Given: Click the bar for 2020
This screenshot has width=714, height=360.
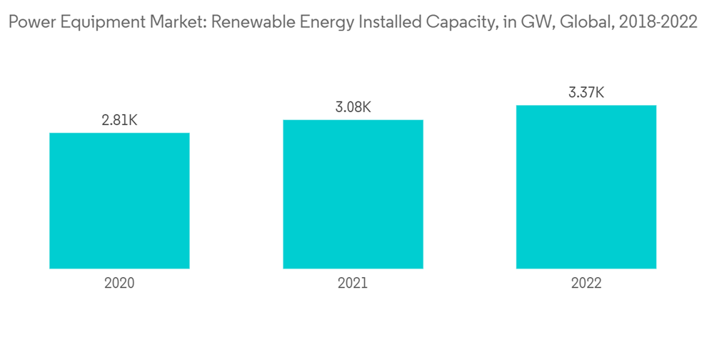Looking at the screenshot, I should click(x=119, y=201).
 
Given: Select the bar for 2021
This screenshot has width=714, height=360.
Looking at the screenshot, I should click(x=353, y=194).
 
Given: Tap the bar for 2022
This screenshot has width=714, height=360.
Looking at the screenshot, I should click(x=586, y=187).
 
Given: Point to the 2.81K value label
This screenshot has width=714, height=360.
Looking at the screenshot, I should click(x=119, y=121).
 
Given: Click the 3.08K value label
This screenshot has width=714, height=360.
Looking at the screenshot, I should click(x=353, y=107).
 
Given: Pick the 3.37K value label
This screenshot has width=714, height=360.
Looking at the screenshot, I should click(x=586, y=93).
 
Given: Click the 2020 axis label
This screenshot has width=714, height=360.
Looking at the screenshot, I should click(x=119, y=283).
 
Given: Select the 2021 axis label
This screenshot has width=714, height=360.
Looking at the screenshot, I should click(x=353, y=283).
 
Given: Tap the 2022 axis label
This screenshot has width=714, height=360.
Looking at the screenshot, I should click(x=586, y=283).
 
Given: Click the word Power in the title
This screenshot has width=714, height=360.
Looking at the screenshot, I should click(x=28, y=22).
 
